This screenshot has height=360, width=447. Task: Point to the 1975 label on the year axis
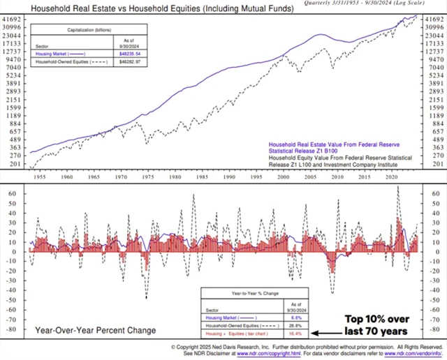[x=147, y=178]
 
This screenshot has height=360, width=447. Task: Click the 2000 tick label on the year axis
[x=282, y=178]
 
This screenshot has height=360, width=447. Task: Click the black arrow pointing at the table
[x=323, y=333]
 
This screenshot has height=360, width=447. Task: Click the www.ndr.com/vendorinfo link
[x=416, y=353]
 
